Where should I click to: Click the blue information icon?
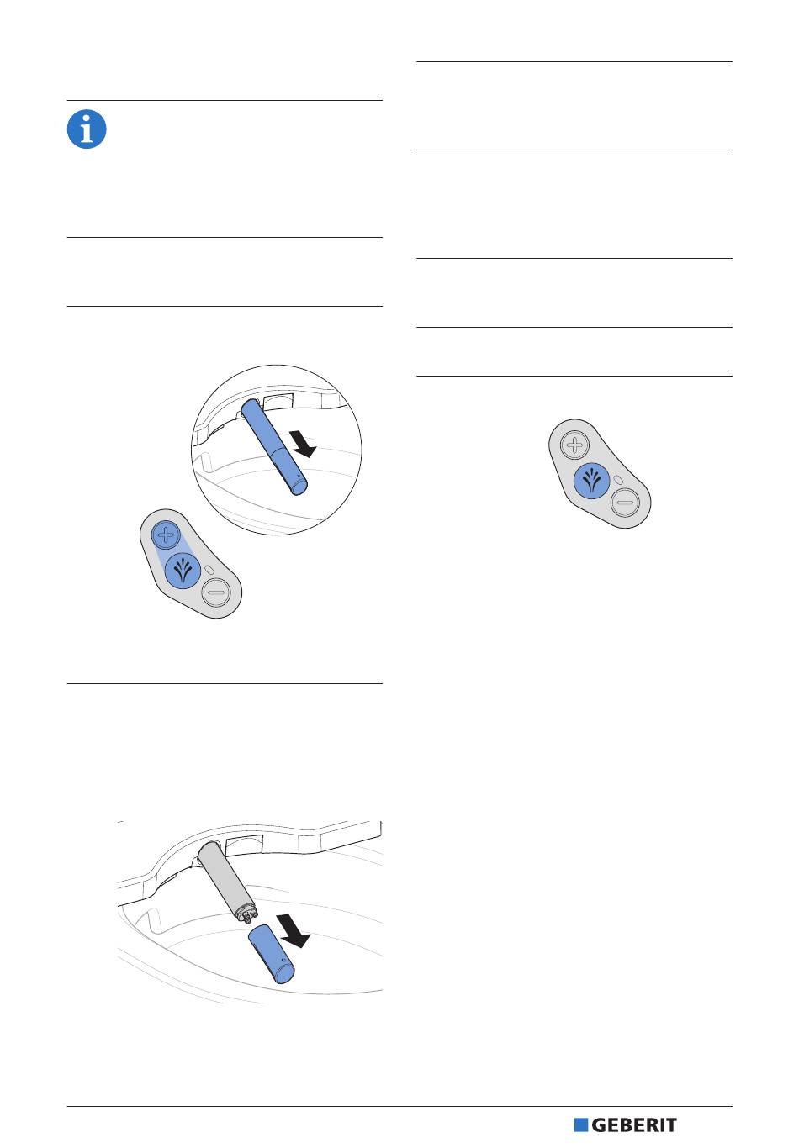(87, 129)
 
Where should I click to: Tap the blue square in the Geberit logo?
(580, 1125)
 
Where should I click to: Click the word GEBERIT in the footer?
(634, 1125)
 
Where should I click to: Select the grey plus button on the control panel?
(575, 445)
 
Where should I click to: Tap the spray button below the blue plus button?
(183, 571)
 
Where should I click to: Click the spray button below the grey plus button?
(591, 482)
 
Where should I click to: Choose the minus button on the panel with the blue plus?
(217, 592)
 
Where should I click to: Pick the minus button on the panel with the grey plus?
(625, 503)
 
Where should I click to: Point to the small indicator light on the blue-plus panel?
(209, 570)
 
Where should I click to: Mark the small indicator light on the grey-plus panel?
(618, 480)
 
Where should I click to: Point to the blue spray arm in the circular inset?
(274, 447)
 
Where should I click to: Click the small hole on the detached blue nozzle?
(283, 960)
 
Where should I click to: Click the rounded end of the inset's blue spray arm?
(299, 487)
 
